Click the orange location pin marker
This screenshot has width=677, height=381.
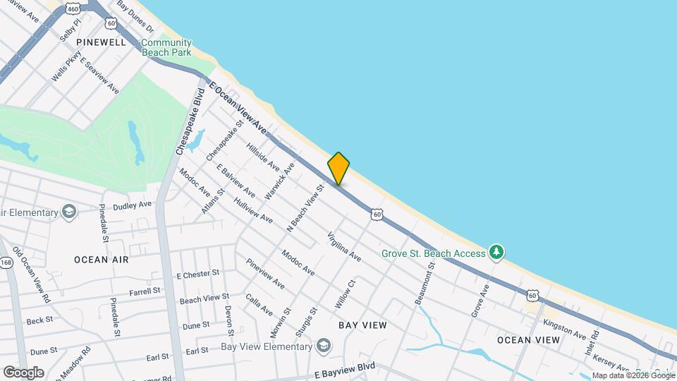click(338, 169)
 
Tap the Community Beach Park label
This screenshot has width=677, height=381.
click(166, 47)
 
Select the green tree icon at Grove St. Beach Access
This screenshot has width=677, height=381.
click(497, 253)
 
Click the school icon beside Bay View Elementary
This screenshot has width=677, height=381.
click(323, 346)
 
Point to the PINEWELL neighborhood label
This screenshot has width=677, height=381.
click(102, 42)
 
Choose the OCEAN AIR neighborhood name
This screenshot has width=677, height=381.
click(102, 260)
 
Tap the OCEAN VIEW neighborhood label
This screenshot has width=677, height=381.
click(528, 340)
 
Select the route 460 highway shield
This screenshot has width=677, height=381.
click(73, 8)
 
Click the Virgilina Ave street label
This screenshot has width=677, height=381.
click(344, 247)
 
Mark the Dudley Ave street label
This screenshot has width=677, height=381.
click(133, 205)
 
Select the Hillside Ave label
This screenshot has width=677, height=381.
click(263, 159)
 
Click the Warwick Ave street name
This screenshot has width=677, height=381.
click(279, 181)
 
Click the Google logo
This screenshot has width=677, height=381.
click(23, 373)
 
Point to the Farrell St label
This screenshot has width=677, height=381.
click(145, 291)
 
